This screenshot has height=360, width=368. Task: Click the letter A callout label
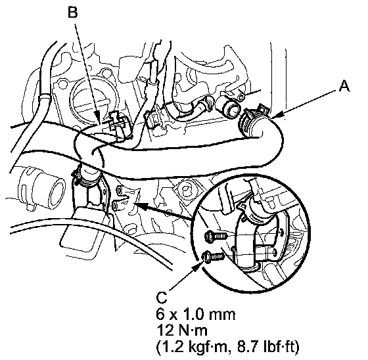[x=344, y=86]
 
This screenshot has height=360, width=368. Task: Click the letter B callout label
[x=73, y=12]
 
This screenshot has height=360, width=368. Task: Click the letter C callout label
[x=161, y=298]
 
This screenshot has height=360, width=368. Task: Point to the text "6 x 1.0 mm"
[x=196, y=315]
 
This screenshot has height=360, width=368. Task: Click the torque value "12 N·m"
[x=182, y=330]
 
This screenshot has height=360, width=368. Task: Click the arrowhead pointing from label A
[x=278, y=115]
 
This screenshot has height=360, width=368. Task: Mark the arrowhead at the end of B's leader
[x=97, y=117]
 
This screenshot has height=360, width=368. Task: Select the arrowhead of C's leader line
[x=198, y=266]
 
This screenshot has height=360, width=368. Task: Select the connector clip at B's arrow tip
[x=119, y=125]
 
